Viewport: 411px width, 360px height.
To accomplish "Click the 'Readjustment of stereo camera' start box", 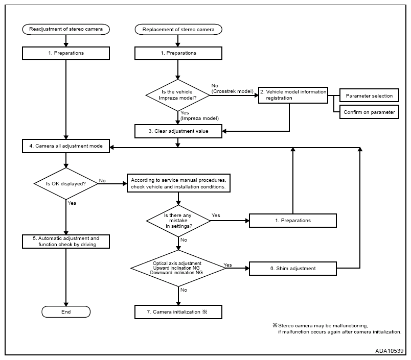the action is [x=66, y=29].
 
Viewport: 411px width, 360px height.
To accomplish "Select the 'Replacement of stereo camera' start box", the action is [x=178, y=29].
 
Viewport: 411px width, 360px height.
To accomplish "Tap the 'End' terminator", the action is [x=66, y=312].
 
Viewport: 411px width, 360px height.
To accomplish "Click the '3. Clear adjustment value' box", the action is [x=178, y=131].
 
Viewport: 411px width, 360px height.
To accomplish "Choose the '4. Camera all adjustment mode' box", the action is [x=66, y=146].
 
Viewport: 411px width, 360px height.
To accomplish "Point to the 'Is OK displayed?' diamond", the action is [x=66, y=184].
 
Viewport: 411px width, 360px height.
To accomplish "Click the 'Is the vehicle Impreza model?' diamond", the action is [x=178, y=95].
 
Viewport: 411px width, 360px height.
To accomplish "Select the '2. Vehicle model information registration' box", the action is [x=293, y=95].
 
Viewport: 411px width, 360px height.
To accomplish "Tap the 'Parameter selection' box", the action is [x=369, y=95].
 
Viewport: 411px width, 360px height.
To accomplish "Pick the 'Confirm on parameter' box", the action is [x=369, y=112].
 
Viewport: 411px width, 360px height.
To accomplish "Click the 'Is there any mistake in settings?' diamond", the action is [x=178, y=221].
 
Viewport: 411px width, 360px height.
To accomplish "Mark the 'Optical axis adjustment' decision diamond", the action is [x=178, y=268].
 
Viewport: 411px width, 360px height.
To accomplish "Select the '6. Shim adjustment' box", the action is [x=293, y=269].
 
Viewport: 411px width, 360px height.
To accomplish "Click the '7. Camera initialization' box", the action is [x=178, y=312].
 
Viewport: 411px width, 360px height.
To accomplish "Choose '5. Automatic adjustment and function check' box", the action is [x=66, y=242].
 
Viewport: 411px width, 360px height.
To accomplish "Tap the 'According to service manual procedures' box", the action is [x=178, y=183].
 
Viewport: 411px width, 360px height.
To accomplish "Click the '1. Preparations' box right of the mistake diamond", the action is [x=293, y=221].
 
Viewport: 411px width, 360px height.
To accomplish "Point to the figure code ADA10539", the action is [x=389, y=351].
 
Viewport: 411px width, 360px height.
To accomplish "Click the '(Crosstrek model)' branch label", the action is [x=233, y=91].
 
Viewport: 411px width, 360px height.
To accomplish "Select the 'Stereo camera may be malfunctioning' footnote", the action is [x=337, y=328].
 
